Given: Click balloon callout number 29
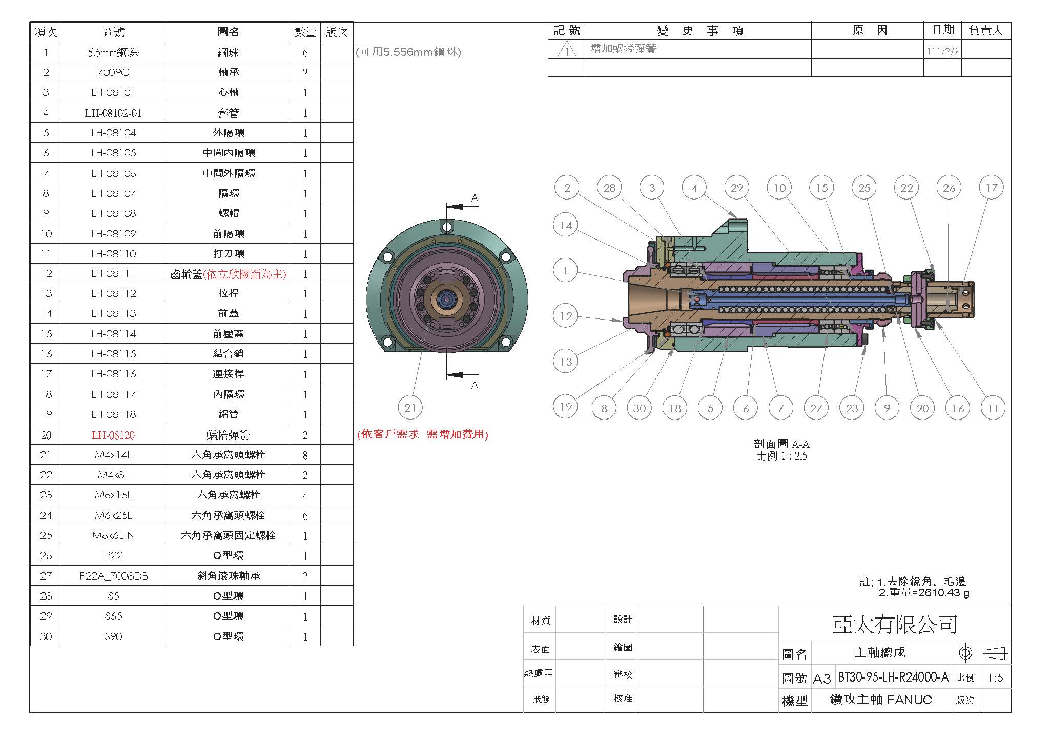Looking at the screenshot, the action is tap(737, 188).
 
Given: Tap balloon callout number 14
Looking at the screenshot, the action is tap(566, 225).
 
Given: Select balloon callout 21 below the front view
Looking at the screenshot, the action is tap(410, 408).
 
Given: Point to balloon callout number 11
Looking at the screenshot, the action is tap(993, 408).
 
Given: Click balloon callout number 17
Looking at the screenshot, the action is tap(992, 188).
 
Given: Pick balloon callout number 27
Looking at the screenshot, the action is tap(816, 408).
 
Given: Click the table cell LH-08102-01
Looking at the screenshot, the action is tap(113, 113).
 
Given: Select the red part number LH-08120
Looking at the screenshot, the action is tap(113, 435).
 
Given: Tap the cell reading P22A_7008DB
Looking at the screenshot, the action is tap(113, 576).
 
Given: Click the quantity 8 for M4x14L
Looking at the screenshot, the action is tap(305, 455).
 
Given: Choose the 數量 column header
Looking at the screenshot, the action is tap(305, 32).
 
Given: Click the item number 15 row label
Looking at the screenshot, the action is tap(46, 334).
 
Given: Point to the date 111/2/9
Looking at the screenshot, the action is tap(942, 52).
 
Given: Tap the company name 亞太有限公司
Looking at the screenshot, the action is tap(895, 624).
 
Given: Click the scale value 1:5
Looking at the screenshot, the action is tap(995, 678).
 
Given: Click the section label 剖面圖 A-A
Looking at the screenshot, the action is tap(781, 444).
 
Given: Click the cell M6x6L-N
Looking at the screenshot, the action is tap(113, 535).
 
